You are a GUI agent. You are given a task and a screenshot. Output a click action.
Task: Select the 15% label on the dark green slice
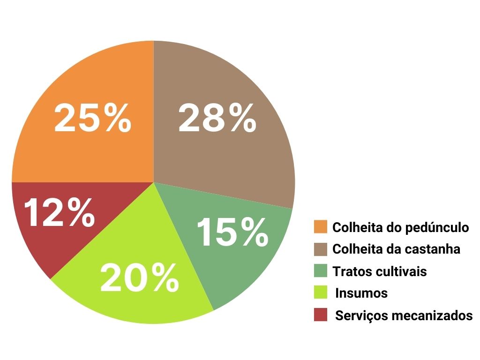[x=232, y=232]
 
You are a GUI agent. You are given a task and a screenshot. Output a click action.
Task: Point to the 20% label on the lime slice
[x=139, y=278]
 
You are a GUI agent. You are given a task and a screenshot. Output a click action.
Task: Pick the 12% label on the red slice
[x=59, y=212]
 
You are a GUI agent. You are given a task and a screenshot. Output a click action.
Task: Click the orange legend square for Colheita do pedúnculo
[x=321, y=227]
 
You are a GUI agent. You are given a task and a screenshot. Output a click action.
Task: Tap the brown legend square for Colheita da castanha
[x=321, y=249]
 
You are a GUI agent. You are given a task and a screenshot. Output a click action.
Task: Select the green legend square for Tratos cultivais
[x=321, y=271]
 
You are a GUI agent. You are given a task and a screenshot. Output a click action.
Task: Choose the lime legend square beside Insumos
[x=321, y=293]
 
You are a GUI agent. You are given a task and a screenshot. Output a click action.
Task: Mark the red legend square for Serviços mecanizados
[x=321, y=315]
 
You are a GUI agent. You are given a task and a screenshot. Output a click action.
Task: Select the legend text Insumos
[x=361, y=293]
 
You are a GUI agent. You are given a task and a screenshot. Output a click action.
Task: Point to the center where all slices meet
[x=153, y=182]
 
